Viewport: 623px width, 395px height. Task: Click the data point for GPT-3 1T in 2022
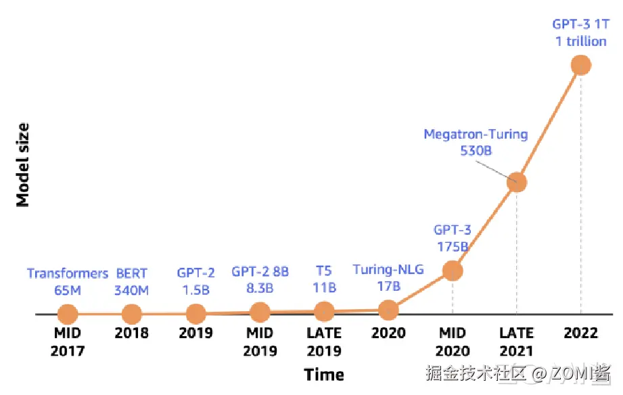coord(580,65)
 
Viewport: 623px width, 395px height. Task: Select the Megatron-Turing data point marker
coord(517,181)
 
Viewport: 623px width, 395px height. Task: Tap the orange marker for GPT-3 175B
coord(453,271)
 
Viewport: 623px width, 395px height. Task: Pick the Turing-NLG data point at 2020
coord(388,310)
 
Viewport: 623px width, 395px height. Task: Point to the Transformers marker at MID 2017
coord(68,314)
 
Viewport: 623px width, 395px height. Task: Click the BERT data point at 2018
coord(131,314)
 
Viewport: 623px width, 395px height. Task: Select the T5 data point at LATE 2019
coord(325,311)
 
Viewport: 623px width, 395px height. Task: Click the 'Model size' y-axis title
coord(23,165)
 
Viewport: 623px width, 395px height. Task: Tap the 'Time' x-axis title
coord(324,374)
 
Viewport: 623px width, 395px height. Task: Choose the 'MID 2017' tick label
coord(68,342)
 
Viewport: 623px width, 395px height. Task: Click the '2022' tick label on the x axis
coord(580,333)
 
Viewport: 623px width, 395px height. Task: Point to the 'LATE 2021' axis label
coord(517,342)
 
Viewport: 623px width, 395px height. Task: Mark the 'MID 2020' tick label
coord(453,342)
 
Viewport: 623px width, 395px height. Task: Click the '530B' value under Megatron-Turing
coord(476,150)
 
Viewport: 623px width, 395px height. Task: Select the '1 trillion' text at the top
coord(580,41)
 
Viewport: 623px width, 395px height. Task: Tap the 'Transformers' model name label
coord(68,274)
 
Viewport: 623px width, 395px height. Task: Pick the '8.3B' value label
coord(260,287)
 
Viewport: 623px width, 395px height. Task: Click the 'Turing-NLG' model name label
coord(388,270)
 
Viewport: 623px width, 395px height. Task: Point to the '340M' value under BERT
coord(131,290)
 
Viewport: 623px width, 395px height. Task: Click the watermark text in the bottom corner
coord(517,373)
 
